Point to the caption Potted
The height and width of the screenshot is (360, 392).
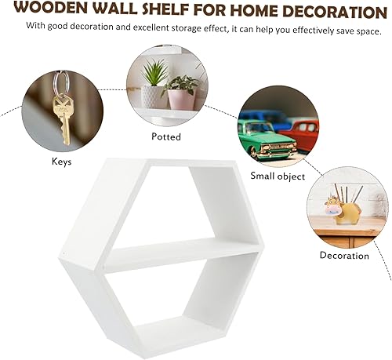coord(165,136)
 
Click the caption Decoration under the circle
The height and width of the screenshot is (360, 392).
coord(344,256)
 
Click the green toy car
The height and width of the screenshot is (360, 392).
coord(267,140)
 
